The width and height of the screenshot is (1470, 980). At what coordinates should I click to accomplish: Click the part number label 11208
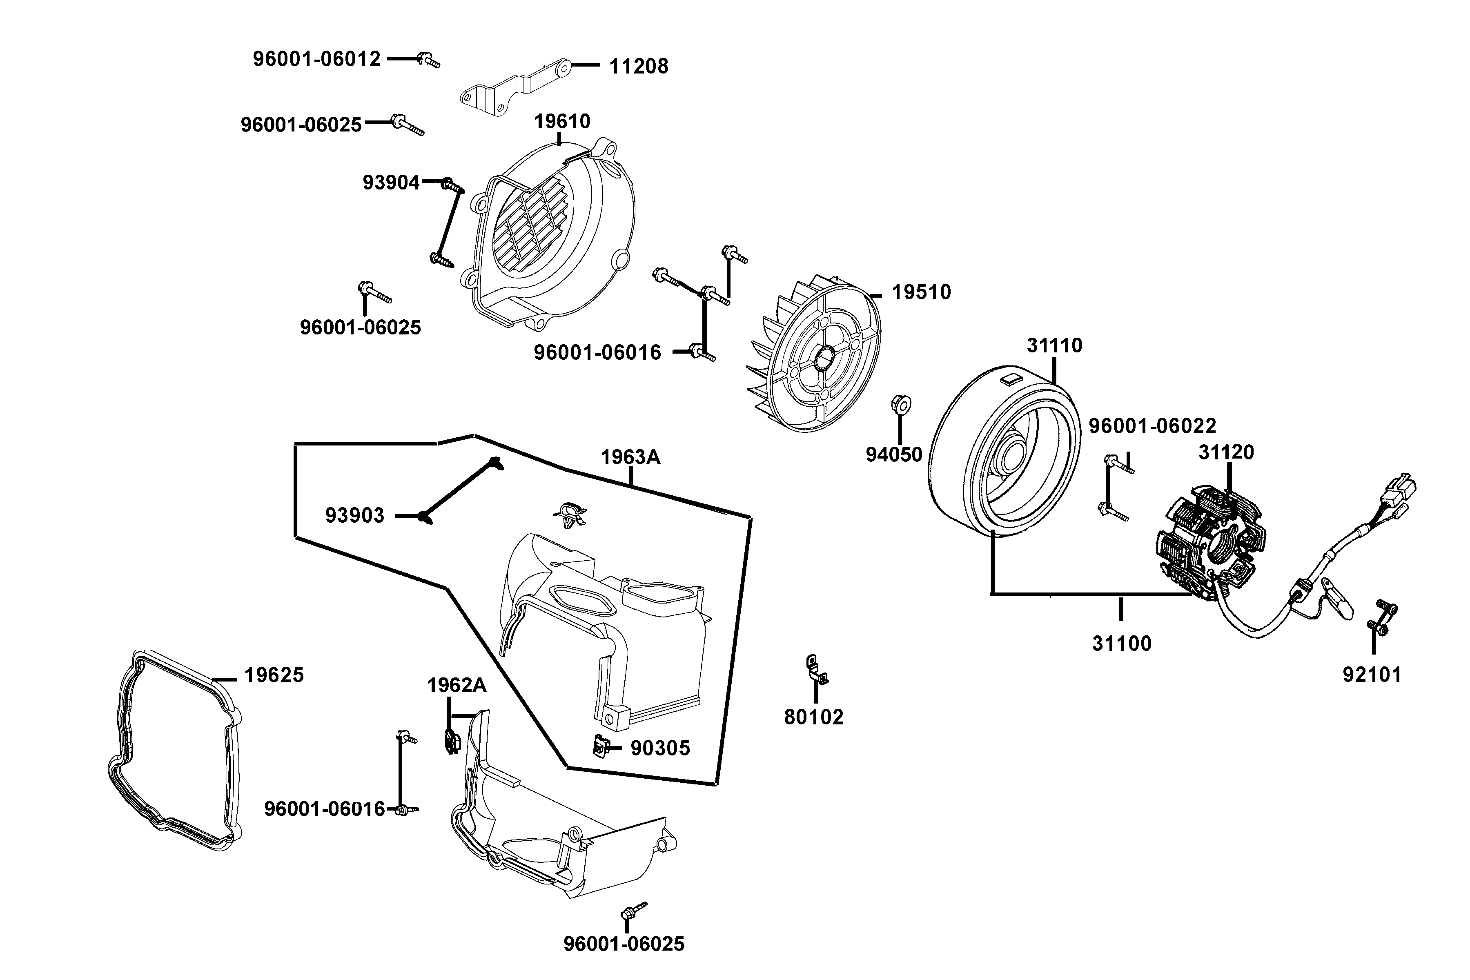point(638,66)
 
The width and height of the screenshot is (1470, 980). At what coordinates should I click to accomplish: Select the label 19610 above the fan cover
point(562,121)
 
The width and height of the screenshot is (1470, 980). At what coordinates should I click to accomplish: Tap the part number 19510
point(921,292)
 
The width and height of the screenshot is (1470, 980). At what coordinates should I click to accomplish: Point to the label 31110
point(1054,345)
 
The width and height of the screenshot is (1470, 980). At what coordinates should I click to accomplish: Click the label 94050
point(894,455)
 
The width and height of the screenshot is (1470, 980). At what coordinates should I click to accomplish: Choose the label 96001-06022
point(1152,426)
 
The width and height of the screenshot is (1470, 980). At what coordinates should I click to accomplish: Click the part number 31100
point(1121,644)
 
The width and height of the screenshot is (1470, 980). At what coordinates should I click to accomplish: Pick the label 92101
point(1372,675)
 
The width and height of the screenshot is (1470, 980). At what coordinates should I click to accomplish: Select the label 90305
point(660,748)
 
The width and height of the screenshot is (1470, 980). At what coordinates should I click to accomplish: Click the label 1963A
point(630,457)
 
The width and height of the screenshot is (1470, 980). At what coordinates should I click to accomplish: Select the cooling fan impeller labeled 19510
point(813,363)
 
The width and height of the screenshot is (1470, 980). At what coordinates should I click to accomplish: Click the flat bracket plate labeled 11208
point(512,87)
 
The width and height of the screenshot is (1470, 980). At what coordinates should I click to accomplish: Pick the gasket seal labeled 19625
point(175,750)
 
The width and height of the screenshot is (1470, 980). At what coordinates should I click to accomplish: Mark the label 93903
point(354,516)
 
